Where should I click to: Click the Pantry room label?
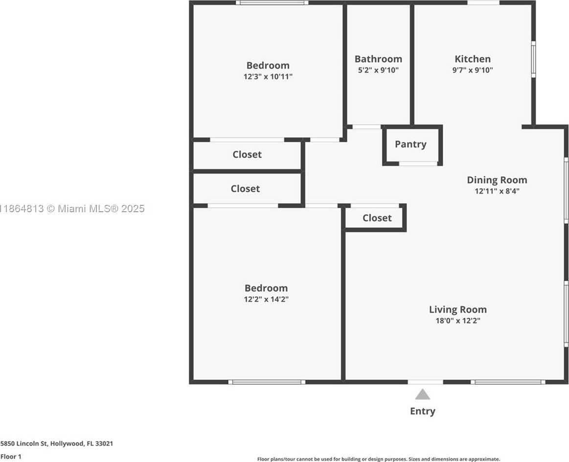(x=410, y=144)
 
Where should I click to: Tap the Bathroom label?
(x=378, y=59)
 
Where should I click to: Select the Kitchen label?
(x=473, y=59)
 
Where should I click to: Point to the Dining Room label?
(x=497, y=180)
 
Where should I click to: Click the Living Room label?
(x=457, y=309)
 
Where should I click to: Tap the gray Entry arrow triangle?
(x=422, y=394)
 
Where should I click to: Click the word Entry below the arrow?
(x=422, y=411)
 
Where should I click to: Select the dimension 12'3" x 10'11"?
(x=268, y=77)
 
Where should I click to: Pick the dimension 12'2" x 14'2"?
(x=266, y=299)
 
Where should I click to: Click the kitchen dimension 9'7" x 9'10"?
(x=473, y=70)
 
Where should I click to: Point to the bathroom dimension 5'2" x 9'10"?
(x=378, y=70)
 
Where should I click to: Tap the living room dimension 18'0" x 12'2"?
(x=457, y=321)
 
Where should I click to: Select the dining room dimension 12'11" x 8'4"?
(x=497, y=191)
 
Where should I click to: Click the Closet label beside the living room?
(x=377, y=218)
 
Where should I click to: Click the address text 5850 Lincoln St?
(x=24, y=443)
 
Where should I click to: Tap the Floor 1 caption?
(x=11, y=457)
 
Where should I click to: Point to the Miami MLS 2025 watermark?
(x=72, y=209)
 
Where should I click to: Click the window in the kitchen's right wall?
(x=533, y=59)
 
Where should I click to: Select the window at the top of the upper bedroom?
(x=272, y=3)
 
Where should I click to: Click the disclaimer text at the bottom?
(x=379, y=459)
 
